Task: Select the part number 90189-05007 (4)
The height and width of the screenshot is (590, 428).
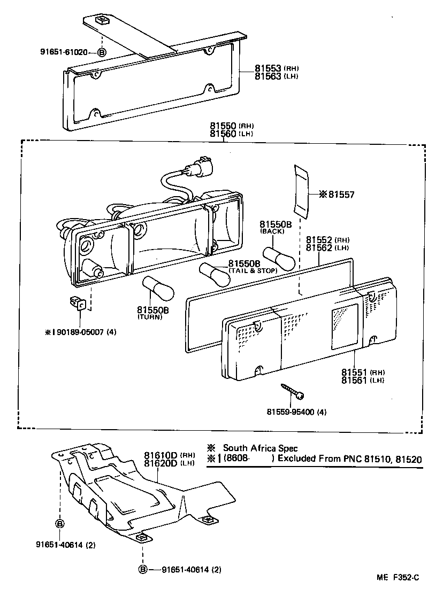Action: coord(83,332)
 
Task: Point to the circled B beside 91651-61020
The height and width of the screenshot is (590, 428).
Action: coord(102,52)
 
